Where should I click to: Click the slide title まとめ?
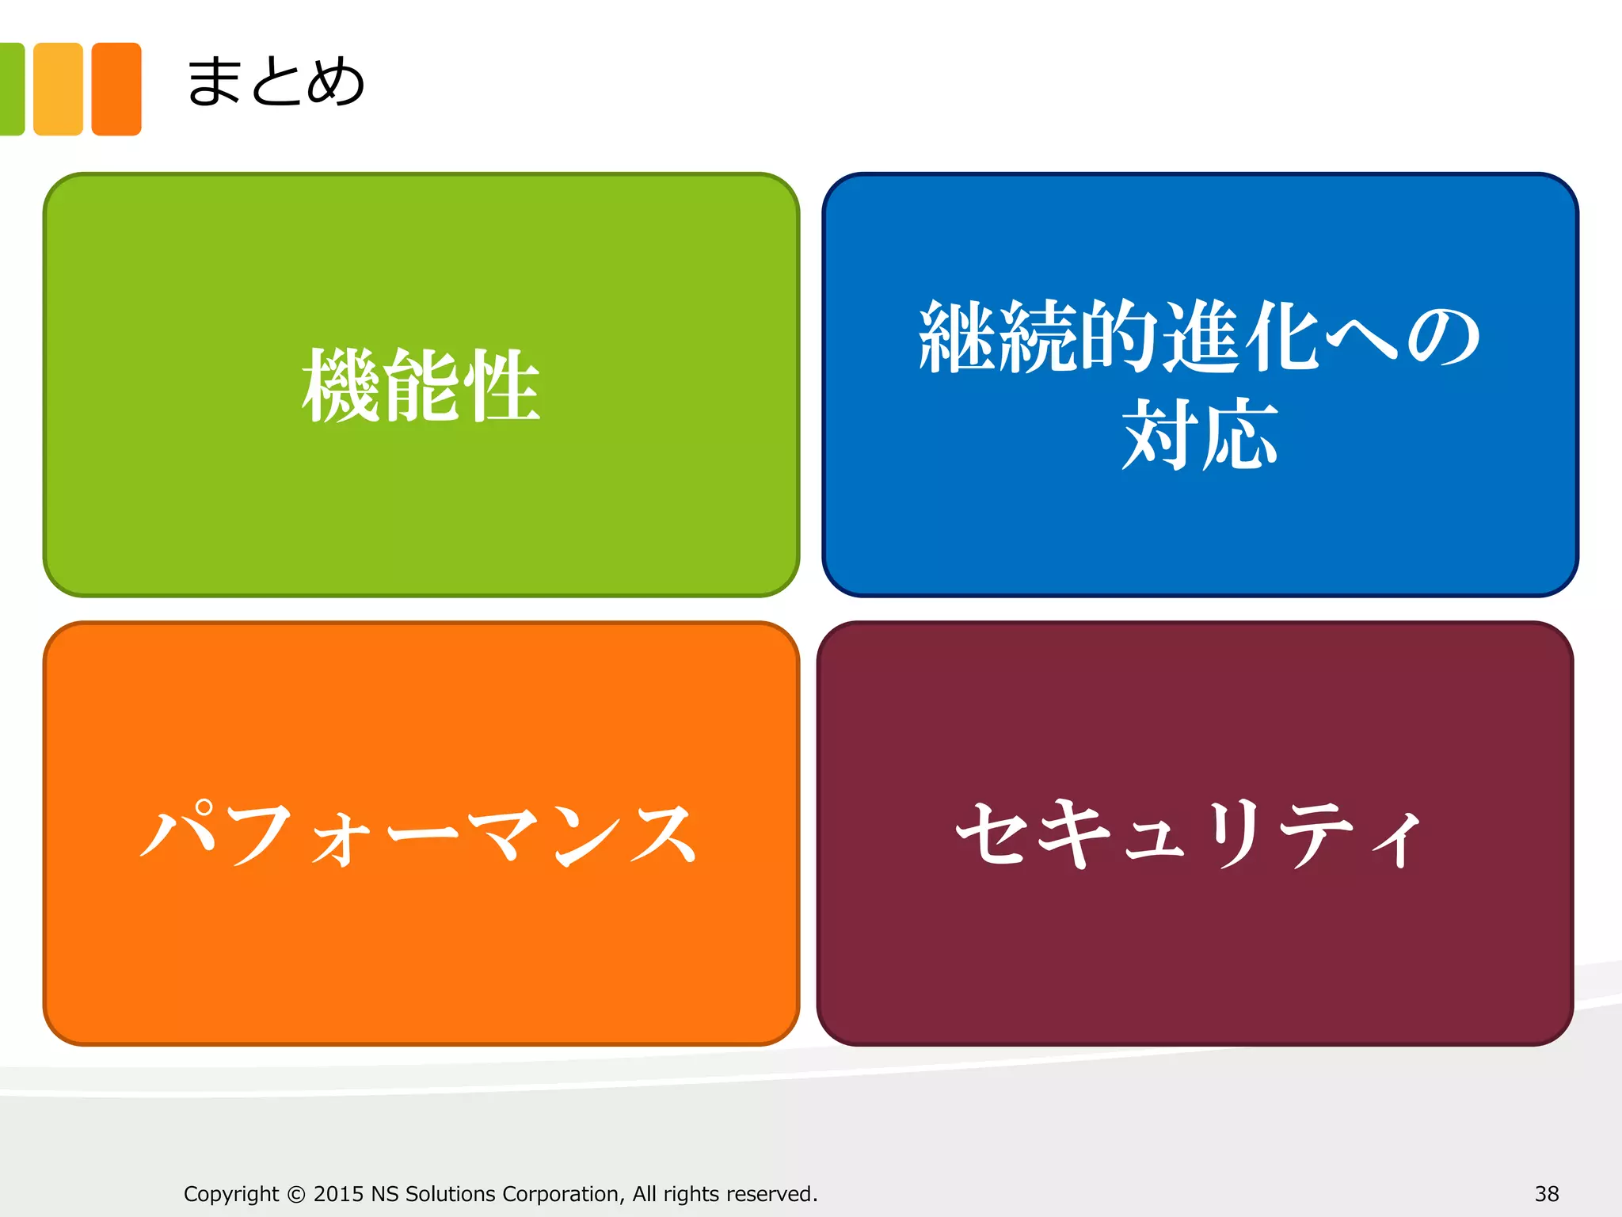point(275,82)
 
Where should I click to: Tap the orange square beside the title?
point(116,89)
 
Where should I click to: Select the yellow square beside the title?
point(58,89)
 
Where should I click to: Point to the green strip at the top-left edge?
point(11,89)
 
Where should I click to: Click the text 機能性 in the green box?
point(421,386)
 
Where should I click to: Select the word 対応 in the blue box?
point(1200,433)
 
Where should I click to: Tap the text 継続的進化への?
point(1200,337)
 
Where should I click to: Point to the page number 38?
point(1547,1193)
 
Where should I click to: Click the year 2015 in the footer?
point(338,1193)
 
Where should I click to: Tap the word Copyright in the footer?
point(231,1194)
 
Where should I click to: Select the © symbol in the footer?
point(296,1194)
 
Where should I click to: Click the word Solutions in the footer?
point(450,1193)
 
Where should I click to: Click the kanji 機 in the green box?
point(341,386)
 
